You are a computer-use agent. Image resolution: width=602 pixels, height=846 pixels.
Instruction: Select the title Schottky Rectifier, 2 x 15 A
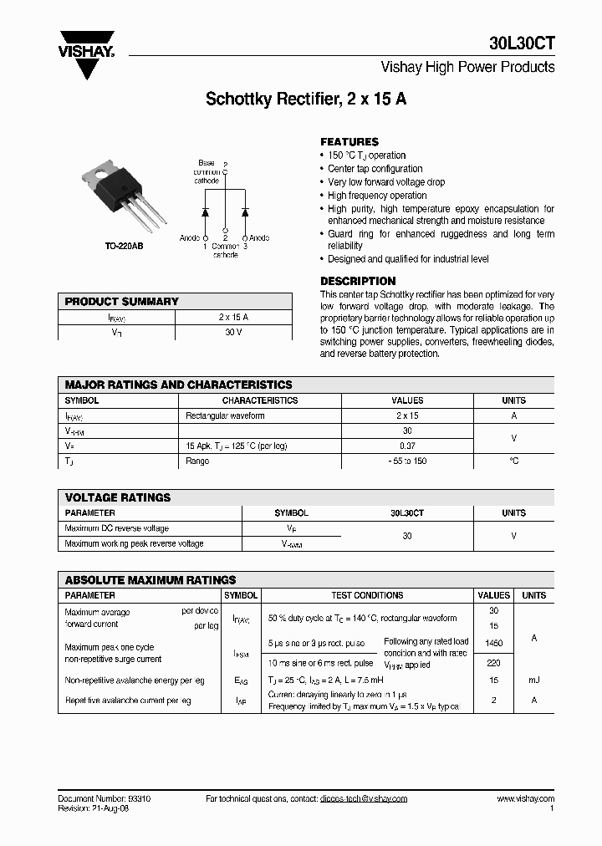coord(306,99)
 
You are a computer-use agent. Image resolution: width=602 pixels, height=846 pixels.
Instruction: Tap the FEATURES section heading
coord(349,142)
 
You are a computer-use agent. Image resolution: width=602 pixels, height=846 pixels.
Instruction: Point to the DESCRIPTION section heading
coord(358,281)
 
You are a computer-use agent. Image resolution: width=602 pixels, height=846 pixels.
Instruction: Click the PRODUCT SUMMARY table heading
coord(122,301)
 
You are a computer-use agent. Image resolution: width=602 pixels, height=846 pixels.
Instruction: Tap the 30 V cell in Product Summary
coord(233,333)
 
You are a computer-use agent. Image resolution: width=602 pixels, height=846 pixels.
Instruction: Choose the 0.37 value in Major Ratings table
coord(407,446)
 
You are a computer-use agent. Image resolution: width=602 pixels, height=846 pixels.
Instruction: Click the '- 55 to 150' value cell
coord(407,461)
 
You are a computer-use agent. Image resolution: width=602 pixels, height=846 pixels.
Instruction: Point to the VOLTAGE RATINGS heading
coord(118,497)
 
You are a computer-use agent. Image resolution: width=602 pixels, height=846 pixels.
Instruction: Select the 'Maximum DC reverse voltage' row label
coord(116,528)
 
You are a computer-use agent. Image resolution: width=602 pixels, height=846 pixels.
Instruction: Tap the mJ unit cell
coord(533,680)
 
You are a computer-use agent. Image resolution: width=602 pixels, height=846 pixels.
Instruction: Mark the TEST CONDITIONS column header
coord(367,595)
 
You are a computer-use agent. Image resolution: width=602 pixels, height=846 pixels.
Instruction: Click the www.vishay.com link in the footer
coord(525,798)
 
